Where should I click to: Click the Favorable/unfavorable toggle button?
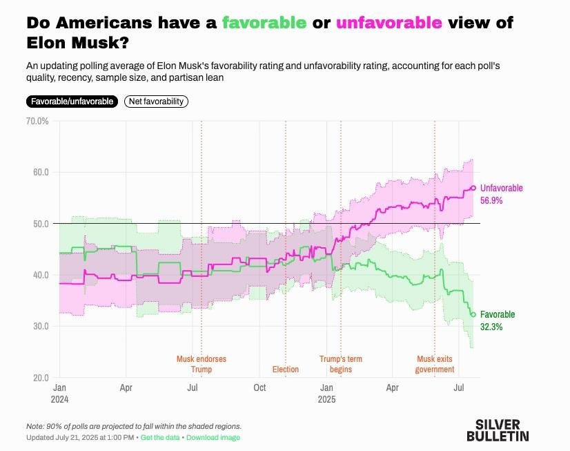[72, 102]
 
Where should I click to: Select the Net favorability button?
[156, 102]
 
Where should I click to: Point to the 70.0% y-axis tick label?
[37, 121]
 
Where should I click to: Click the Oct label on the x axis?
[260, 388]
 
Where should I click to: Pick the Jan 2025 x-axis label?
[326, 393]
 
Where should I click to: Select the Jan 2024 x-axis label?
[60, 393]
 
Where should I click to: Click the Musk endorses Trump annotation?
[201, 364]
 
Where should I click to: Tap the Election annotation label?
[286, 370]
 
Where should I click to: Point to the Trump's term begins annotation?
[340, 364]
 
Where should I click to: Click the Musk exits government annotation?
[435, 364]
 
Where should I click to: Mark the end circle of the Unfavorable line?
[473, 188]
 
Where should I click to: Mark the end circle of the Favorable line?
[473, 314]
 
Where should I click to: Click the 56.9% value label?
[491, 200]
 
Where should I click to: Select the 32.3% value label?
[491, 327]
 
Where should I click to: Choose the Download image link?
[213, 438]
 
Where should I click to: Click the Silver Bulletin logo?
[498, 430]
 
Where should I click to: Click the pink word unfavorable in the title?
[389, 22]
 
